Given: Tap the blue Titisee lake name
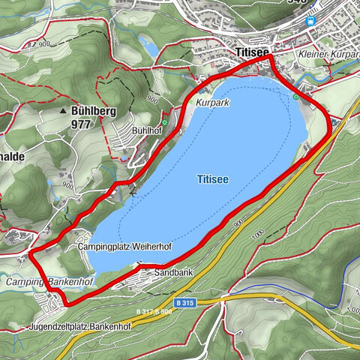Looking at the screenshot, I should pyautogui.click(x=213, y=179).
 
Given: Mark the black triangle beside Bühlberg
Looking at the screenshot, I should pyautogui.click(x=64, y=111).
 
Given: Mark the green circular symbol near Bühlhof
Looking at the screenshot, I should pyautogui.click(x=164, y=122).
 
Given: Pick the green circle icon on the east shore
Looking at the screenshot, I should pyautogui.click(x=296, y=96).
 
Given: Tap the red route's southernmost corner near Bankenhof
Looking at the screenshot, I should pyautogui.click(x=68, y=304).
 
